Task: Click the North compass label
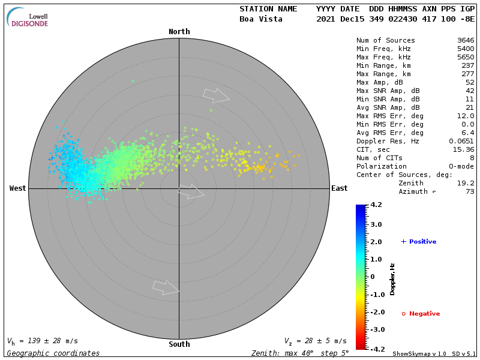pos(179,32)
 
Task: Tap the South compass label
pos(179,344)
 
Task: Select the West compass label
pos(17,188)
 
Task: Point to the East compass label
pos(339,188)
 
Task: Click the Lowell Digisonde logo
pos(28,17)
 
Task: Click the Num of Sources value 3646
pos(466,41)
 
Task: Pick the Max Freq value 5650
pos(466,58)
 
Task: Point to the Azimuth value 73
pos(470,191)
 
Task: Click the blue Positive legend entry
pos(419,242)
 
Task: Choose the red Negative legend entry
pos(421,314)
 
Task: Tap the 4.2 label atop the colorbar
pos(376,205)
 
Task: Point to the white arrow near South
pos(166,287)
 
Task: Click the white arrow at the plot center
pos(191,192)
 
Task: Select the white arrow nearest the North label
pos(216,95)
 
